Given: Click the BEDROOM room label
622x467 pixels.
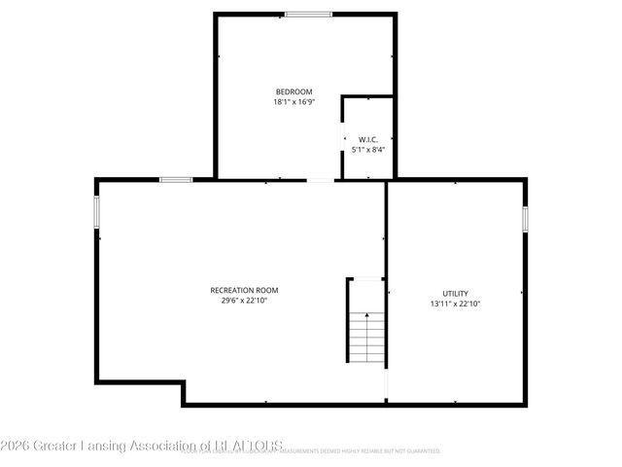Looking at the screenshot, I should click(293, 91).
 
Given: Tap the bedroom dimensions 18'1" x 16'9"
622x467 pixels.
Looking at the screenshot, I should click(293, 102).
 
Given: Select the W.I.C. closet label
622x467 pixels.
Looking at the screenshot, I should click(367, 139).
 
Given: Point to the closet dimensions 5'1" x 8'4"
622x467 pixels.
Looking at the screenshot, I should click(367, 150).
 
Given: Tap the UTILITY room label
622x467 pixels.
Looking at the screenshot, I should click(456, 294).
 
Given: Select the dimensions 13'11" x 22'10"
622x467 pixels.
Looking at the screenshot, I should click(456, 305).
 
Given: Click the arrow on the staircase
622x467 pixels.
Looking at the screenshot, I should click(365, 316).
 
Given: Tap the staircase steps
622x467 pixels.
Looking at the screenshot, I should click(365, 341).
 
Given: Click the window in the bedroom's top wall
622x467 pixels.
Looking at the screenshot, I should click(308, 14).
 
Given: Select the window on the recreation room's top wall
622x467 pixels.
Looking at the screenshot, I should click(175, 179).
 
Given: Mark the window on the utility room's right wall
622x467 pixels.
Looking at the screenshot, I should click(525, 219).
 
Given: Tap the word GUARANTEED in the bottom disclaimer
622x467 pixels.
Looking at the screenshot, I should click(419, 451).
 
